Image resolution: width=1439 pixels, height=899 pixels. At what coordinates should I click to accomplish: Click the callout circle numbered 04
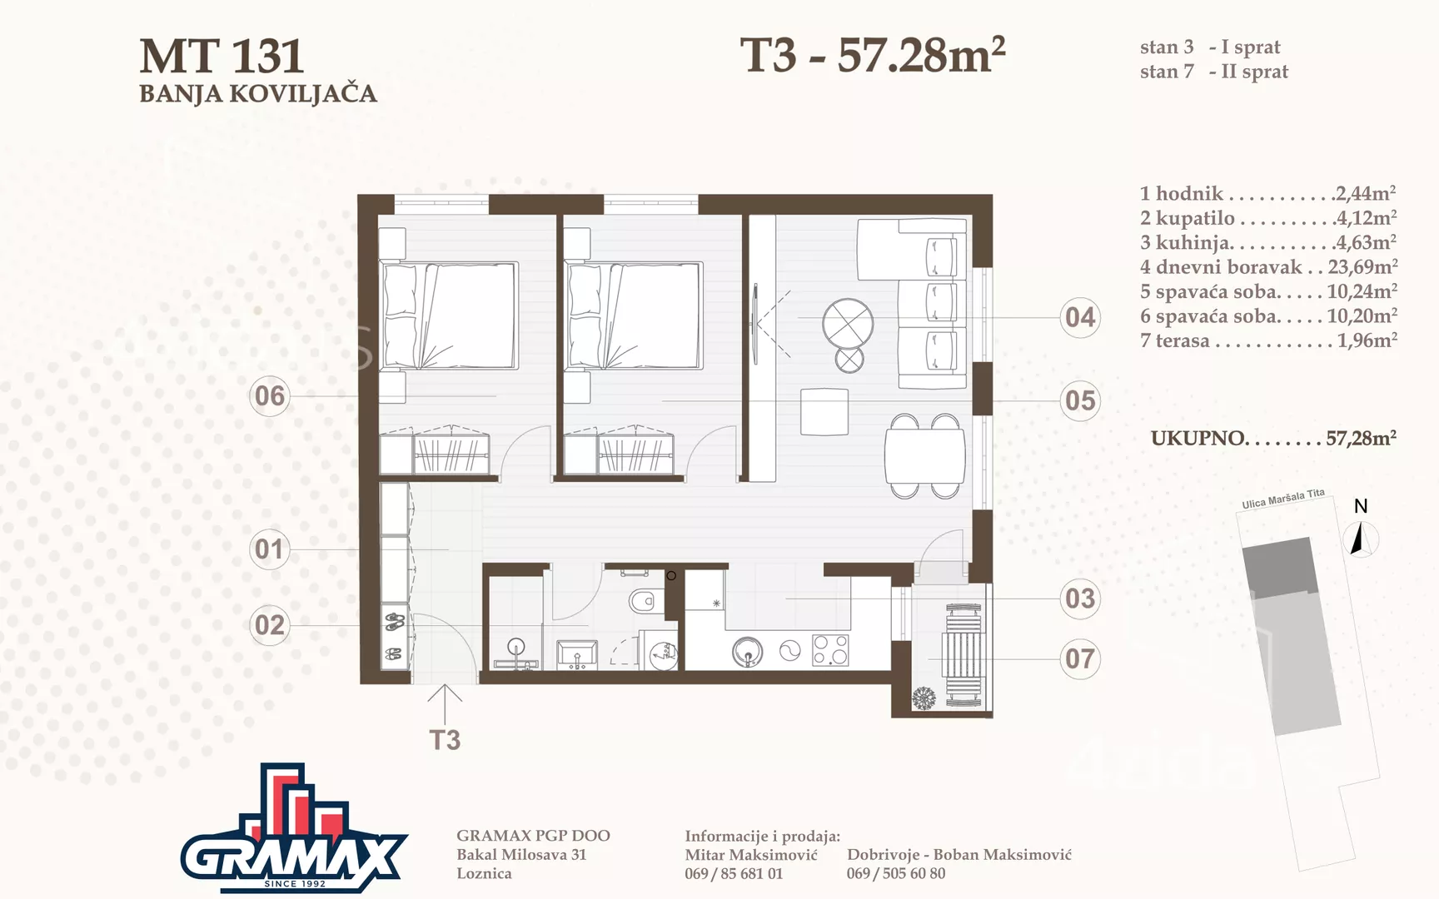(x=1080, y=317)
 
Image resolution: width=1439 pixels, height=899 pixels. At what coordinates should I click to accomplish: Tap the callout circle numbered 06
(x=270, y=395)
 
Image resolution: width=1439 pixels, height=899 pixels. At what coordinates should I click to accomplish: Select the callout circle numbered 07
(x=1080, y=658)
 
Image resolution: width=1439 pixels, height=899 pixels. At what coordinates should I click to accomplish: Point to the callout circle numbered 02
(x=270, y=624)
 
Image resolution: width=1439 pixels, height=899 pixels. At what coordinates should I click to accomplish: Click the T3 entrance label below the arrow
(x=445, y=740)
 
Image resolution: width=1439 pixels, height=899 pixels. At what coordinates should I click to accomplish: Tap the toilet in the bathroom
(x=644, y=601)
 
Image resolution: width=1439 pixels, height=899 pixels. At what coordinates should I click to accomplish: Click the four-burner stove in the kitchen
(x=830, y=650)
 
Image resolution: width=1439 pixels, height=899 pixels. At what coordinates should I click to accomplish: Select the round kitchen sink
(x=748, y=652)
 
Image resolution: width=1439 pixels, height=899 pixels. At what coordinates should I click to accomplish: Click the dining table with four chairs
(x=924, y=456)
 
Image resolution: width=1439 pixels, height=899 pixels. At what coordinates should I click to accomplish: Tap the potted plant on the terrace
(x=924, y=698)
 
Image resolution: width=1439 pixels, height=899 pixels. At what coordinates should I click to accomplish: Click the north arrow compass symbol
(x=1361, y=538)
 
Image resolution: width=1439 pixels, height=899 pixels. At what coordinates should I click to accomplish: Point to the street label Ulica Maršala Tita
(x=1283, y=499)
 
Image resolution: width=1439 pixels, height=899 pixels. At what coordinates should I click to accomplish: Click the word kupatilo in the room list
(x=1195, y=218)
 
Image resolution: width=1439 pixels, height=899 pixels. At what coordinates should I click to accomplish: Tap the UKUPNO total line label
(x=1198, y=439)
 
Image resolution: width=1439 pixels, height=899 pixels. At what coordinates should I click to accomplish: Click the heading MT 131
(x=222, y=57)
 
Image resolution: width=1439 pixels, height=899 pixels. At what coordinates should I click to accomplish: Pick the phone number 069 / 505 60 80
(x=896, y=873)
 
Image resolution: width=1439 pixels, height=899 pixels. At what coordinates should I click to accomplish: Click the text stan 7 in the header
(x=1167, y=72)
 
